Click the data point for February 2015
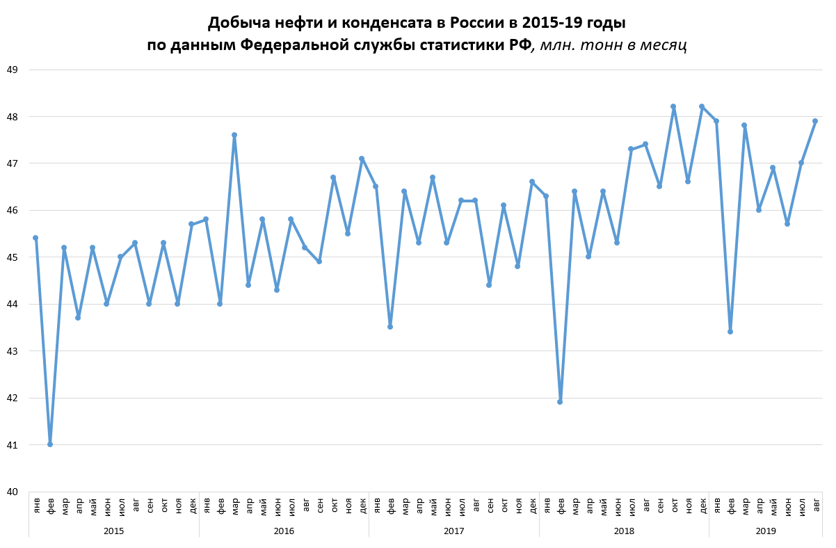coord(50,444)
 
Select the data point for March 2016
coord(234,135)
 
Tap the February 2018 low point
coord(560,402)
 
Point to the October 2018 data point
coord(673,106)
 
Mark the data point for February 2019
coord(730,332)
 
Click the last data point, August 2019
coord(815,121)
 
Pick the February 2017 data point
coord(390,327)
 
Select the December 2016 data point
coord(362,159)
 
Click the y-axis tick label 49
coord(12,70)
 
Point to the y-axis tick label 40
coord(12,492)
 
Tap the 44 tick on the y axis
coord(12,304)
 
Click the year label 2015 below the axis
coord(113,531)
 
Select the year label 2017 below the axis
coord(453,531)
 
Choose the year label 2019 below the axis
coord(765,531)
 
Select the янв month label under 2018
coord(547,504)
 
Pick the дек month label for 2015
coord(193,504)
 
